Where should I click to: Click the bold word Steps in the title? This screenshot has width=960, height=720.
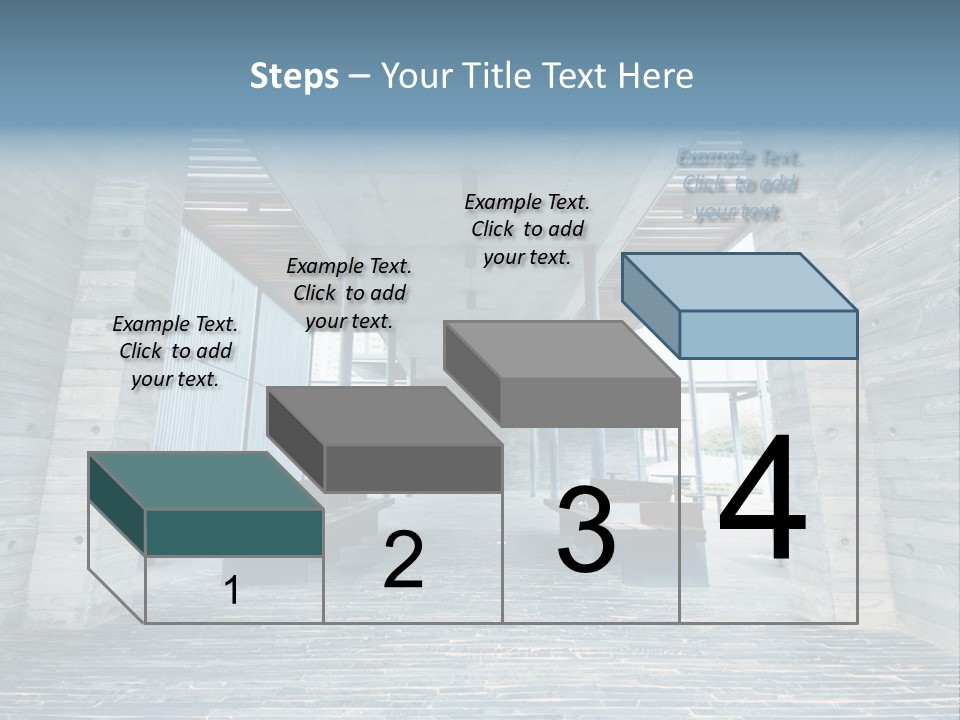[294, 76]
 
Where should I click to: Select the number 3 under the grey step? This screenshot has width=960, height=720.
[585, 529]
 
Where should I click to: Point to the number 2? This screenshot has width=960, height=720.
[403, 560]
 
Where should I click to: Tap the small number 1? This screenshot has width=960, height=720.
[232, 590]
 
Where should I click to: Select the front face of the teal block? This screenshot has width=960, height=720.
[234, 532]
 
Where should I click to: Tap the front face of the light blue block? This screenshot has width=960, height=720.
[768, 334]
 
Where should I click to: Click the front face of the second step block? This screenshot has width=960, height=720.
[413, 468]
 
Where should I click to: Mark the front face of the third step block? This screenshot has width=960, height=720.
[590, 402]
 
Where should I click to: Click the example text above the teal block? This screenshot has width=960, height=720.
[175, 351]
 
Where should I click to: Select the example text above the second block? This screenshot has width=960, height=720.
[349, 293]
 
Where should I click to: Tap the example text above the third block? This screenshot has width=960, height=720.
[527, 229]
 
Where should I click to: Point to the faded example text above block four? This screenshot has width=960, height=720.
[739, 185]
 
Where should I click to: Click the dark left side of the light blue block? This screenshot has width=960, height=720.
[650, 304]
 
